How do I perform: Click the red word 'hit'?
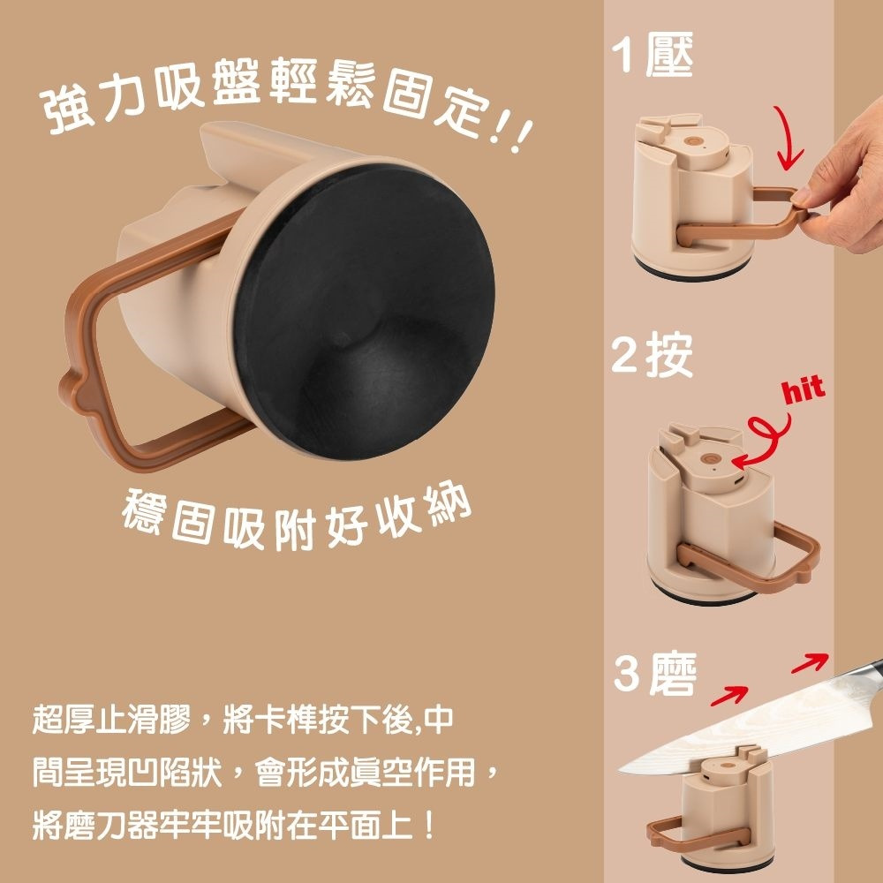804,389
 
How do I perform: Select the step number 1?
622,55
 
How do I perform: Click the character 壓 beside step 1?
669,55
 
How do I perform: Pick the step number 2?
624,356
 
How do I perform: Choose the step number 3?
626,674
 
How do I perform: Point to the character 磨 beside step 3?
672,674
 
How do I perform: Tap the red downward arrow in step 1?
789,139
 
